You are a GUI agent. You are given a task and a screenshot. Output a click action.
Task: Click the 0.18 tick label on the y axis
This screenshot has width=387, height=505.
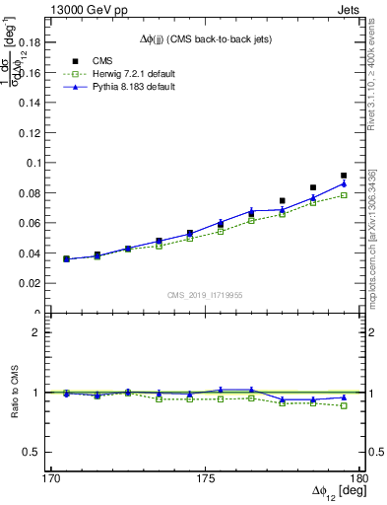tap(29, 43)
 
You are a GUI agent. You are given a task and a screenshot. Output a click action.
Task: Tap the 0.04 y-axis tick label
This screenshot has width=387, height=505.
tap(29, 253)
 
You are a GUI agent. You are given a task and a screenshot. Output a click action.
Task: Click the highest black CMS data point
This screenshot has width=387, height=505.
tap(344, 176)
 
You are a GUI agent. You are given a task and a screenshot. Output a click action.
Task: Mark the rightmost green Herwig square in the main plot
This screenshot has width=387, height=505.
tap(344, 195)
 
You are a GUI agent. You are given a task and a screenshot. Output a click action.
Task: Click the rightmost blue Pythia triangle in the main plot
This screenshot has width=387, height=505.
tap(344, 182)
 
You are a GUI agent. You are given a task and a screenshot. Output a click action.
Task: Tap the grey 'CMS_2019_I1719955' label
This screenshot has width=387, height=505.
tap(204, 294)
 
